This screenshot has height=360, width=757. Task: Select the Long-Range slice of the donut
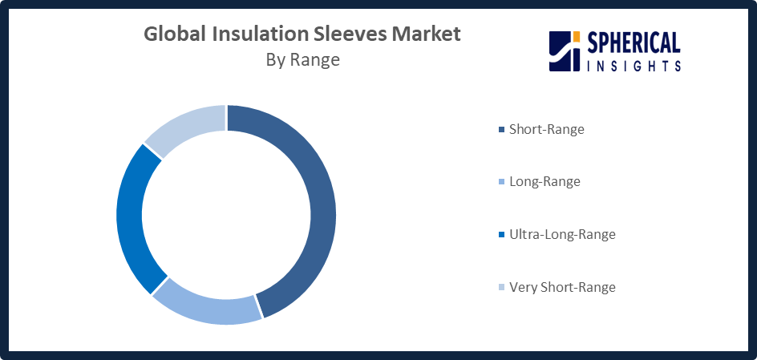pyautogui.click(x=208, y=309)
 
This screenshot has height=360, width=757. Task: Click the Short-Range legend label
pyautogui.click(x=547, y=129)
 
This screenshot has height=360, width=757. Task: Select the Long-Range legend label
pyautogui.click(x=544, y=182)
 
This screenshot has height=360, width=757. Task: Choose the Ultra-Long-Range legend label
pyautogui.click(x=562, y=235)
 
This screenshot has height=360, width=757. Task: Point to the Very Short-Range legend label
pyautogui.click(x=562, y=287)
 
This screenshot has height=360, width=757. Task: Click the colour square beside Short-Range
pyautogui.click(x=501, y=129)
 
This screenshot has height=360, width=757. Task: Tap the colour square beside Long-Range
pyautogui.click(x=501, y=182)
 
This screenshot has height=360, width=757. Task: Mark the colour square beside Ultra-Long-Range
pyautogui.click(x=501, y=235)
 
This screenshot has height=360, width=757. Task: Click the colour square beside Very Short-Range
pyautogui.click(x=501, y=287)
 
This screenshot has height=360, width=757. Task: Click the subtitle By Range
pyautogui.click(x=302, y=60)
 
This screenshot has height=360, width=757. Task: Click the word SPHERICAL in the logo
pyautogui.click(x=634, y=44)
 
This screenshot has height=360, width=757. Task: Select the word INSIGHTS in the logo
pyautogui.click(x=634, y=66)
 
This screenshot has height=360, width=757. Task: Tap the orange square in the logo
pyautogui.click(x=576, y=37)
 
